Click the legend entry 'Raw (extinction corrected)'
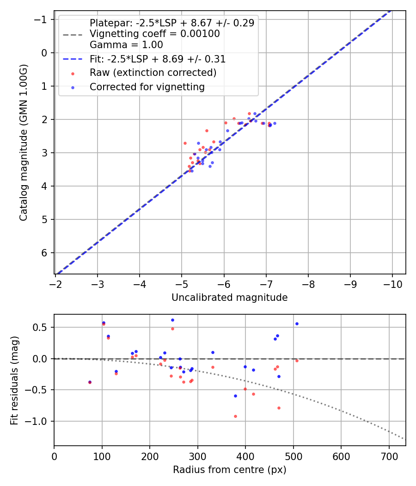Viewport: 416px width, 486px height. pyautogui.click(x=153, y=73)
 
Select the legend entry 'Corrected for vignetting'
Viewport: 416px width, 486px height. pyautogui.click(x=147, y=87)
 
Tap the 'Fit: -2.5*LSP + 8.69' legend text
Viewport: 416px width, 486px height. pyautogui.click(x=158, y=59)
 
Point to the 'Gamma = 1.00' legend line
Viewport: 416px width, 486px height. pyautogui.click(x=126, y=45)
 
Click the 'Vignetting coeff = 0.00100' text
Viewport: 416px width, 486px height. pyautogui.click(x=154, y=34)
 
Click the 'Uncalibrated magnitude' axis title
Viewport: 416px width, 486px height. pyautogui.click(x=229, y=298)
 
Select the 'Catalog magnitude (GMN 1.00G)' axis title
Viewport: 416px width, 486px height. pyautogui.click(x=24, y=143)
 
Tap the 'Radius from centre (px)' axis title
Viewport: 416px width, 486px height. pyautogui.click(x=229, y=470)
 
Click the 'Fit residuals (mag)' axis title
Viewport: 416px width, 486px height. pyautogui.click(x=14, y=380)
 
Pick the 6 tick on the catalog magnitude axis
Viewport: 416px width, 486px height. pyautogui.click(x=45, y=253)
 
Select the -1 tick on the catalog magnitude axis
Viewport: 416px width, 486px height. pyautogui.click(x=43, y=19)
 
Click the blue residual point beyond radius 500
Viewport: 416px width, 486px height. pyautogui.click(x=297, y=324)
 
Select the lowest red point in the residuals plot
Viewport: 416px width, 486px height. pyautogui.click(x=235, y=416)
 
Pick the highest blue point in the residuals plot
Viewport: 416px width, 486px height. pyautogui.click(x=172, y=320)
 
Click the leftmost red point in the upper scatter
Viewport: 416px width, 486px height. pyautogui.click(x=185, y=143)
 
